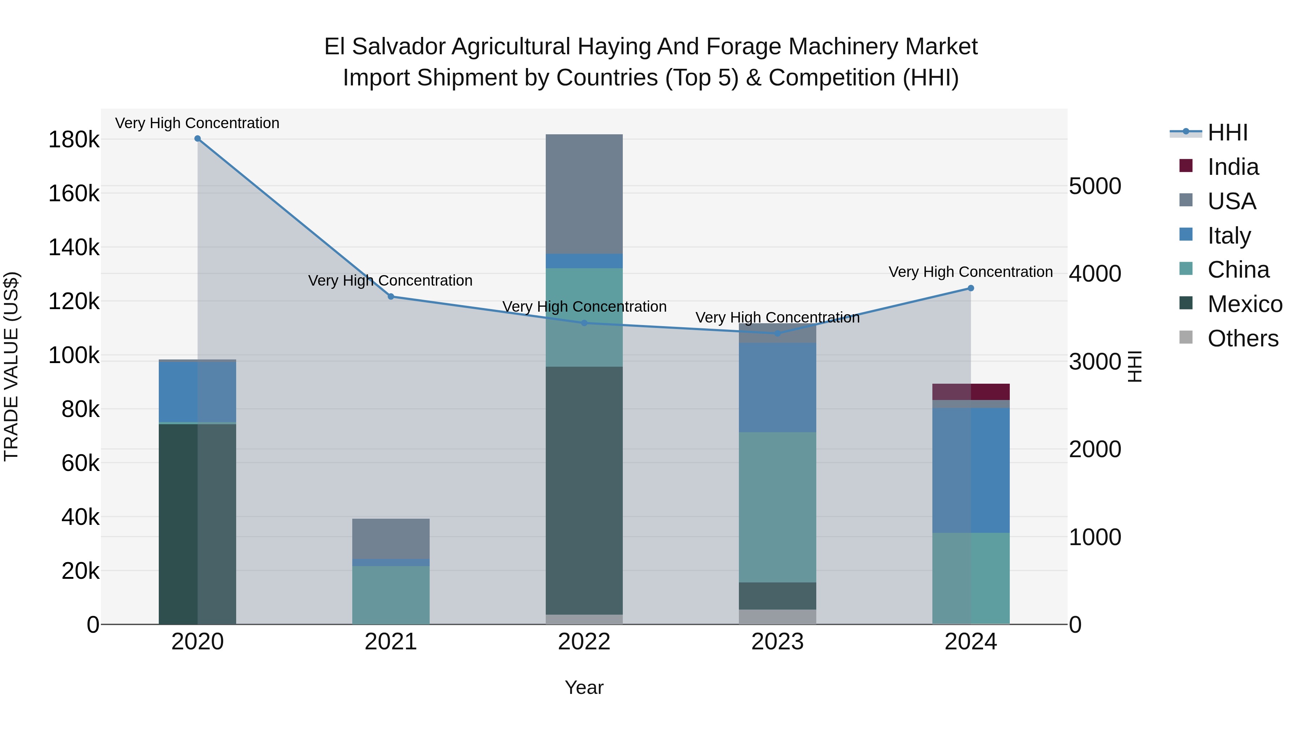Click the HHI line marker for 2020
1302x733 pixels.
(x=197, y=139)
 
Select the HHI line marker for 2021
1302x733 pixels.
(x=391, y=296)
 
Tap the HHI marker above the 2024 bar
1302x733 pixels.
(x=970, y=288)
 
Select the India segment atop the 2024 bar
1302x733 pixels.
(x=970, y=392)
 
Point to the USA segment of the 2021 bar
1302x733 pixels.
(x=391, y=538)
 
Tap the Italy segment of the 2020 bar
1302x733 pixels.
(x=197, y=392)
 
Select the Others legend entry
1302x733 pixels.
(x=1242, y=338)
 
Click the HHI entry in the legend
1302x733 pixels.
(x=1227, y=132)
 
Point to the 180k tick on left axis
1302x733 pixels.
(x=74, y=140)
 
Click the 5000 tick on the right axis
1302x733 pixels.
(x=1095, y=186)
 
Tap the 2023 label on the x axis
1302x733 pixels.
(x=777, y=642)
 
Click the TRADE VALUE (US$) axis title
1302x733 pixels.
(x=12, y=366)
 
